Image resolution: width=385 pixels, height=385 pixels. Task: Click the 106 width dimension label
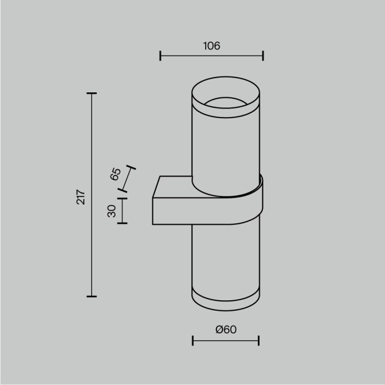pos(211,46)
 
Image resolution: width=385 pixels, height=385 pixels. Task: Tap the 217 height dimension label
pos(81,196)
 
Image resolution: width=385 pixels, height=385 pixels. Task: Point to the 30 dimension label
pos(112,211)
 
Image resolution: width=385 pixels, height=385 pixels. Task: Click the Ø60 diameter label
pos(226,329)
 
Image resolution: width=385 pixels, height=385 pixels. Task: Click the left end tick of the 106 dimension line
pos(160,56)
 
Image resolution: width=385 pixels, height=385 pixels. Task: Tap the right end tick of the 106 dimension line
pos(263,56)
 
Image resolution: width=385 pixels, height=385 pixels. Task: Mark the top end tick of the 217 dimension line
pos(91,94)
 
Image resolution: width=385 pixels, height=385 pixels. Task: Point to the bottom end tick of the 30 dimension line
pos(122,223)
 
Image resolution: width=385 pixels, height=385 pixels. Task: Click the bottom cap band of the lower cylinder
pos(226,300)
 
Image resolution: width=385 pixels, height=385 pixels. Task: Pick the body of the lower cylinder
pos(226,258)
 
